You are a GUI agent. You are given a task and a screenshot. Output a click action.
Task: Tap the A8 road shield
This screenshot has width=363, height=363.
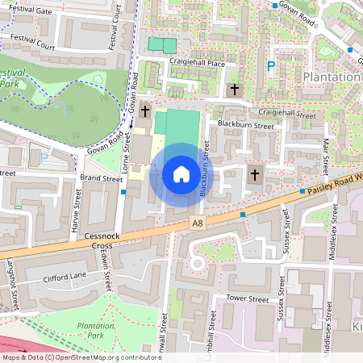tap(197, 222)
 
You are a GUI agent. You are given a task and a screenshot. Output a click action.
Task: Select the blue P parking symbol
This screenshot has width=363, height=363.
tap(271, 68)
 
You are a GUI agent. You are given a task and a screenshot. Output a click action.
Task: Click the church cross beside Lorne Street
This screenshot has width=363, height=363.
tap(145, 111)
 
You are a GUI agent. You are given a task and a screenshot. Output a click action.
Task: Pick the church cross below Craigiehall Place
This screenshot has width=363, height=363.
tap(235, 90)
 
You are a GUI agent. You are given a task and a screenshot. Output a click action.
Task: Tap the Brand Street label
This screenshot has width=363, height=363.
tap(101, 177)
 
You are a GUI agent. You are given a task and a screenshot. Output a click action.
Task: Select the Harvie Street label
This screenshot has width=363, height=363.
tap(77, 207)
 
